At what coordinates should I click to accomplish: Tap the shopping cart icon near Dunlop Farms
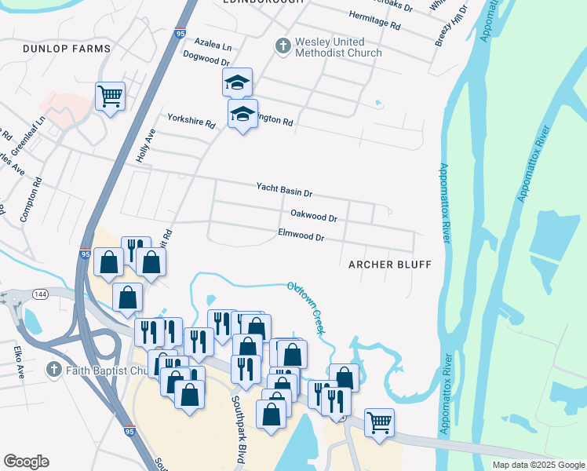[x=111, y=97]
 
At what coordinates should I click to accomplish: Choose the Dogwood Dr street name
[x=206, y=60]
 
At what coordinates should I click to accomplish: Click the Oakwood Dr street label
[x=313, y=215]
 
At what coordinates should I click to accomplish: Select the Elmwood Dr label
[x=301, y=235]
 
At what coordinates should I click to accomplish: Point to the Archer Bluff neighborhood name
[x=390, y=265]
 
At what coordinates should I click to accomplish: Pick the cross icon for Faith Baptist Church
[x=53, y=369]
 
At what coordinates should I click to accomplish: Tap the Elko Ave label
[x=19, y=360]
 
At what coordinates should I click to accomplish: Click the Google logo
[x=26, y=462]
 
